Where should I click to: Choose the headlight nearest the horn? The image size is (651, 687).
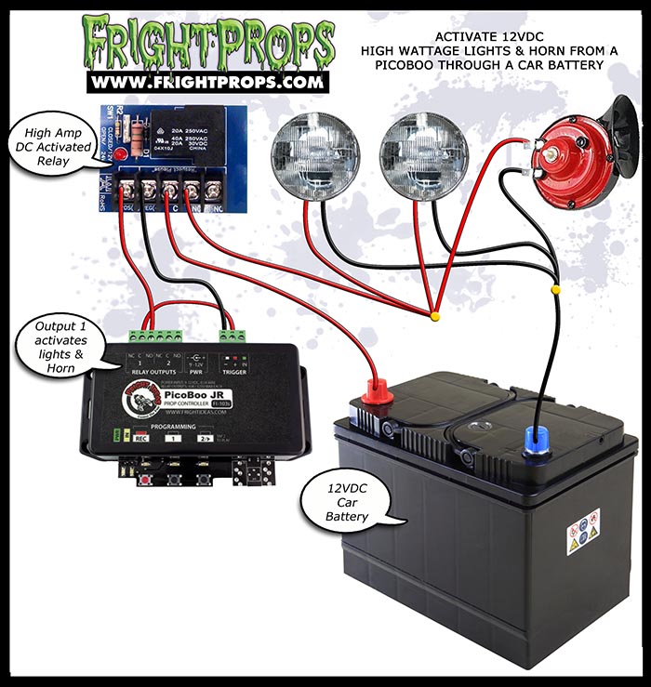pyautogui.click(x=422, y=152)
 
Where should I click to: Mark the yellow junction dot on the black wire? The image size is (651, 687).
pyautogui.click(x=556, y=290)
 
